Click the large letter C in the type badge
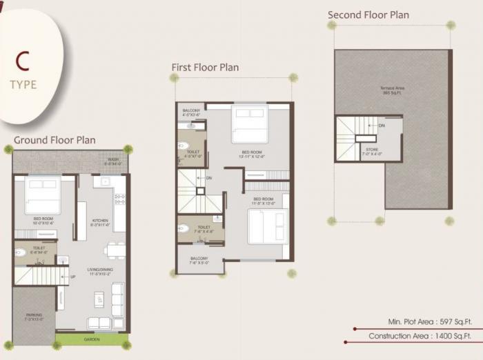click(x=22, y=61)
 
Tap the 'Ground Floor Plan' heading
click(x=55, y=140)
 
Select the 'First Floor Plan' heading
click(x=205, y=67)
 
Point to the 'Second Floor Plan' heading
click(x=368, y=14)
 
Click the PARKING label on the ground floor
click(x=34, y=317)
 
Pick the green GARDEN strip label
click(x=92, y=339)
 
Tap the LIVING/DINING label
click(x=101, y=271)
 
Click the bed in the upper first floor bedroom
click(x=250, y=124)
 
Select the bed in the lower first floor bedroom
click(x=266, y=227)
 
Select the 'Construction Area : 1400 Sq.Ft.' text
click(x=420, y=336)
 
